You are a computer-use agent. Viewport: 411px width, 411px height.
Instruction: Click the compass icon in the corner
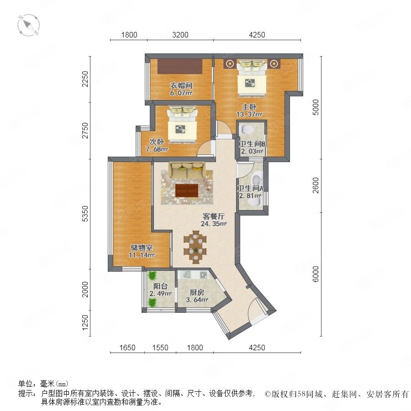click(x=29, y=25)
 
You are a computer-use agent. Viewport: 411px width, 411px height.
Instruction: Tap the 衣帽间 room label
click(x=181, y=85)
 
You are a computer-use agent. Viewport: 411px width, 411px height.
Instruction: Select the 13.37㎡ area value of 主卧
click(x=249, y=114)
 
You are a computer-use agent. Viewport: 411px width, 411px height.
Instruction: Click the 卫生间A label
click(x=250, y=188)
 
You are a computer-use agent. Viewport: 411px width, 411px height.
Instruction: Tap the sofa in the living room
click(x=187, y=170)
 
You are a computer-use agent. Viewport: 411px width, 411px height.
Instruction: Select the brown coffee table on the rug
click(x=187, y=190)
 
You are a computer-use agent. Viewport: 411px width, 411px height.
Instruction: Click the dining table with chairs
click(x=195, y=247)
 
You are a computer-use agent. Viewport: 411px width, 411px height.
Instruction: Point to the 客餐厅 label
click(x=214, y=216)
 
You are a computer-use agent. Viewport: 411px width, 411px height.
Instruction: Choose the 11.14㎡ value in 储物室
click(x=142, y=255)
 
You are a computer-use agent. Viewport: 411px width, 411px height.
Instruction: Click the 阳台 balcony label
click(x=160, y=286)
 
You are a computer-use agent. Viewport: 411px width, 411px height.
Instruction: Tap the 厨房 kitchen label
click(x=197, y=292)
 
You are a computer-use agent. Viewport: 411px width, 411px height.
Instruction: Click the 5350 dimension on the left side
click(x=85, y=214)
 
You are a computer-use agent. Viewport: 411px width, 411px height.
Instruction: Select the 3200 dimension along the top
click(x=180, y=35)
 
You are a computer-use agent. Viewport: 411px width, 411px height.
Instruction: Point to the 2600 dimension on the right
click(x=316, y=185)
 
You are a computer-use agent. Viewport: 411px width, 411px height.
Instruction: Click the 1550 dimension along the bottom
click(x=160, y=348)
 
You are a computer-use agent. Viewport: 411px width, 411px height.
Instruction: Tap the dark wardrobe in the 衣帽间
click(x=180, y=66)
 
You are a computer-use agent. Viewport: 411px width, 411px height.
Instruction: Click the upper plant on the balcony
click(x=152, y=276)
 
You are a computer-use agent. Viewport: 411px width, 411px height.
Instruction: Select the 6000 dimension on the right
click(x=316, y=274)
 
